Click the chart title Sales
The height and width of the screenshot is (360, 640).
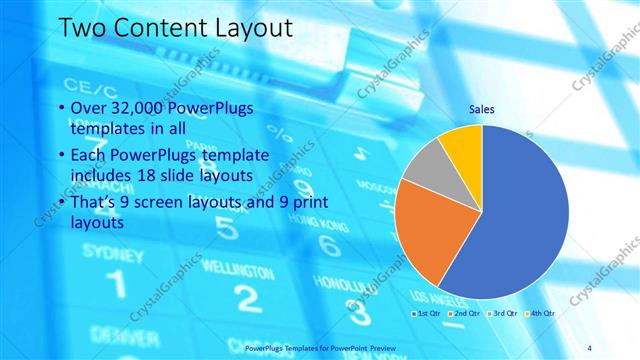tap(482, 110)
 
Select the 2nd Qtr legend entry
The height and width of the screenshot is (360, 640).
tap(464, 313)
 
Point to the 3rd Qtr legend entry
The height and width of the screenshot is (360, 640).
tap(503, 313)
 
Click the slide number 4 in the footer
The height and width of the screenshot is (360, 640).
tap(590, 346)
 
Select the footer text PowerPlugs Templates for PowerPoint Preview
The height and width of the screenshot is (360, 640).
tap(320, 346)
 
